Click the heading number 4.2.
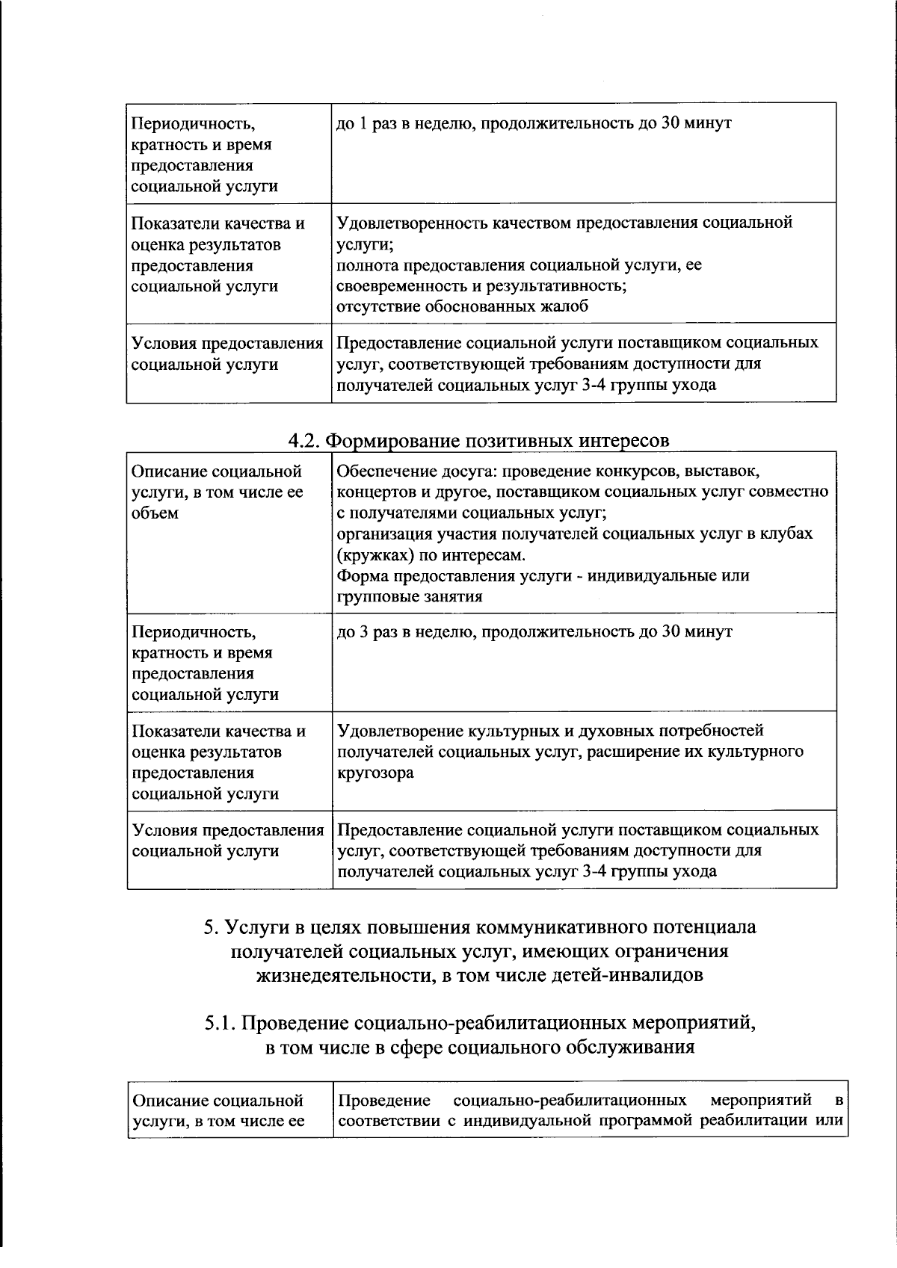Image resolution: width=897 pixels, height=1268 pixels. click(x=305, y=441)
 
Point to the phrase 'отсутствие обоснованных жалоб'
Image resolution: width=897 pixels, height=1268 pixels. click(x=462, y=306)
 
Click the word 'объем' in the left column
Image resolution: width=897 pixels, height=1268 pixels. click(x=155, y=513)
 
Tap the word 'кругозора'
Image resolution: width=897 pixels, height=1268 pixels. click(x=375, y=773)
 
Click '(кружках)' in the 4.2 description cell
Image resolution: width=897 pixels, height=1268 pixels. click(x=369, y=555)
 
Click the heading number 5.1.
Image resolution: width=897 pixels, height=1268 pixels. click(x=221, y=1023)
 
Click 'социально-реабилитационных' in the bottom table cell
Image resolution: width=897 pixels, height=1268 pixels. click(x=570, y=1101)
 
